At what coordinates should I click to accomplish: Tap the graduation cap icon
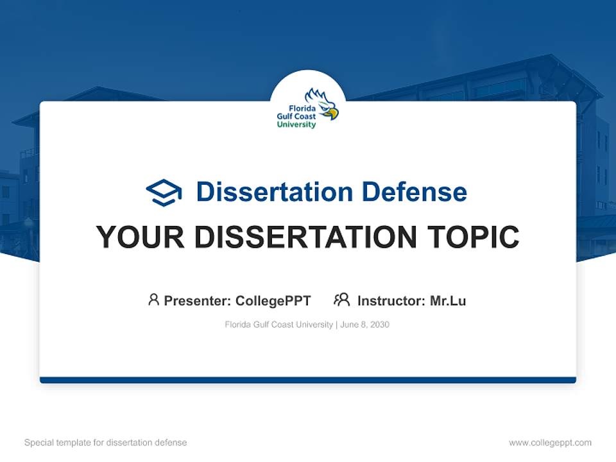click(x=164, y=192)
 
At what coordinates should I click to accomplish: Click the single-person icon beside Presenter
click(x=153, y=300)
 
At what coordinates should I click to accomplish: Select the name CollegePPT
click(x=273, y=300)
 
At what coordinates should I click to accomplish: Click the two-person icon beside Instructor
click(x=342, y=300)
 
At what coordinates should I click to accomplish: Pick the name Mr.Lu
click(x=448, y=300)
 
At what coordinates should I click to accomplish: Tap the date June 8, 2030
click(x=365, y=325)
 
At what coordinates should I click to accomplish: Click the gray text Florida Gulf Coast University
click(x=278, y=325)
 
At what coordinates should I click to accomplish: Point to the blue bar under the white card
click(x=308, y=380)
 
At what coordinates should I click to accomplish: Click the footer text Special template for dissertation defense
click(x=106, y=443)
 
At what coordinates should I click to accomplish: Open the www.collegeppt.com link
click(x=550, y=443)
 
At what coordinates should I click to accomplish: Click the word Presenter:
click(x=198, y=300)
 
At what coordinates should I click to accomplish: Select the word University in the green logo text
click(x=296, y=124)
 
